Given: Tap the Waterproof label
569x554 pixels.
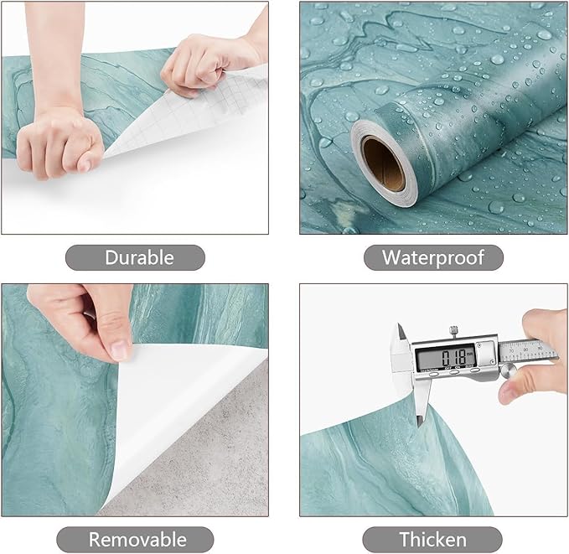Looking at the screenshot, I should tap(433, 257).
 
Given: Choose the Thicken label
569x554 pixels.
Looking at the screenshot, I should tap(433, 539).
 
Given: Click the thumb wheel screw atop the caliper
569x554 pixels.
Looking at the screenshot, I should tap(453, 329).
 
